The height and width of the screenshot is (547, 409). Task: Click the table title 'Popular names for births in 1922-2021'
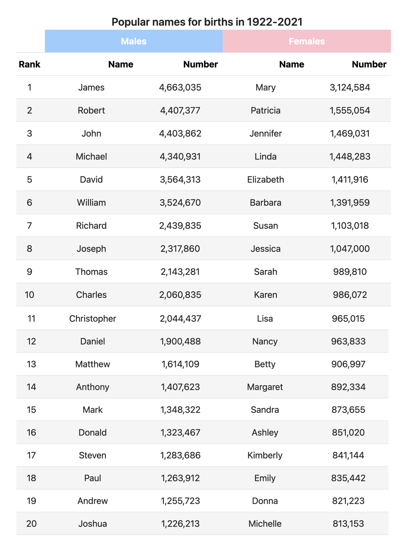tap(207, 22)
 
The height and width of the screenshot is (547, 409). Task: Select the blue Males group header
tap(133, 41)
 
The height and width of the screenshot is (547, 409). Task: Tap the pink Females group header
tap(306, 41)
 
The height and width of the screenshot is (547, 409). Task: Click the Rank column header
tap(30, 64)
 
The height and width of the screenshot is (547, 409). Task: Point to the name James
tap(91, 87)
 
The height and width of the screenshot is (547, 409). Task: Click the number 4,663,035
tap(180, 87)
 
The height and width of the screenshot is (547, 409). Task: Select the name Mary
tap(265, 87)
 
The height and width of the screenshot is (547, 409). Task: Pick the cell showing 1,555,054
tap(350, 110)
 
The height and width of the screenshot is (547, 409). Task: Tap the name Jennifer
tap(265, 133)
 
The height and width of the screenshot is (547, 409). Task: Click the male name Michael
tap(91, 156)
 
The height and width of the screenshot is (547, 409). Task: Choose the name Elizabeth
tap(265, 179)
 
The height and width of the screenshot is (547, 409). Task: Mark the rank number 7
tap(30, 225)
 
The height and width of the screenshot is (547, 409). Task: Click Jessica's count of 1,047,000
tap(350, 249)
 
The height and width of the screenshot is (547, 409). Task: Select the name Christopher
tap(93, 318)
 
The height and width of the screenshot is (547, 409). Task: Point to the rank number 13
tap(31, 364)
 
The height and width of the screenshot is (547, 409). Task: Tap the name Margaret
tap(265, 387)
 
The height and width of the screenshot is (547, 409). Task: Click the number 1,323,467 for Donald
tap(180, 432)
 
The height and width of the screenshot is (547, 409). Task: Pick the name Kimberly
tap(265, 455)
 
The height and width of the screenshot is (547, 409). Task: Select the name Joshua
tap(93, 523)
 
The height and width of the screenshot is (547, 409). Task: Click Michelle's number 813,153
tap(348, 523)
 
